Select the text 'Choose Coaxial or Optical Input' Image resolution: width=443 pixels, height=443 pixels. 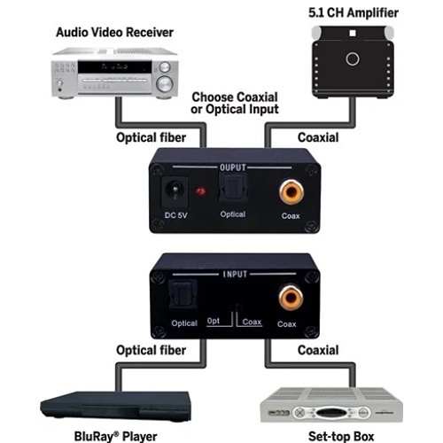click(x=235, y=103)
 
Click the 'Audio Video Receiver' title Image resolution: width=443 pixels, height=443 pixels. click(x=114, y=33)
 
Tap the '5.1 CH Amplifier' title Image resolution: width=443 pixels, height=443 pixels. click(x=354, y=12)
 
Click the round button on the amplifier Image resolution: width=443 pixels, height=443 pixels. click(x=354, y=59)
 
